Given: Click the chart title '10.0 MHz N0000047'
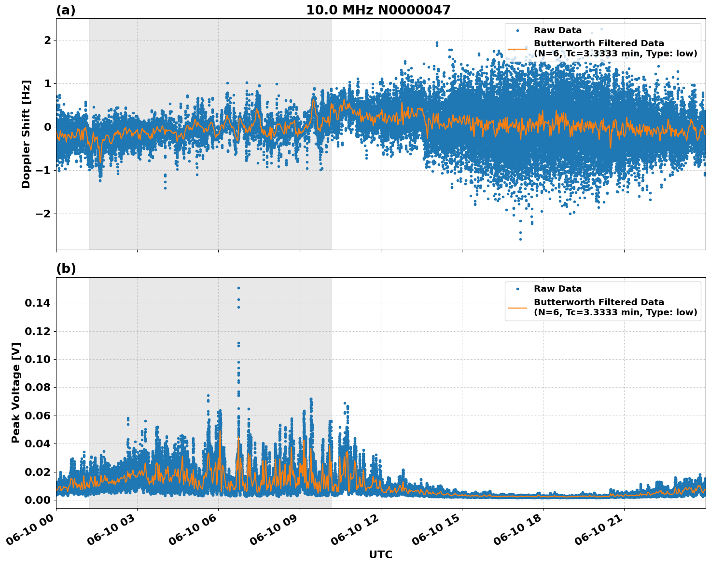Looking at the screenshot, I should coord(378,10).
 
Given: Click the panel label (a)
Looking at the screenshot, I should coord(66,10).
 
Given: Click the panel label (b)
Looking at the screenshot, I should coord(66,269).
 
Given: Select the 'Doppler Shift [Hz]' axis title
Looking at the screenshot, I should coord(26,134).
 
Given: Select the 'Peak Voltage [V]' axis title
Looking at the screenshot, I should coord(16,392).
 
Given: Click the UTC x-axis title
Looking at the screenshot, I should coord(380,555).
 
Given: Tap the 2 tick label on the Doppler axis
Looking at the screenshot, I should coord(47,40).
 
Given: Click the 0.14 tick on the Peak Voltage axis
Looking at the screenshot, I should coord(38,303).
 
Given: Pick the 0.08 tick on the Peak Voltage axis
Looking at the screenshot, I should coord(38,387).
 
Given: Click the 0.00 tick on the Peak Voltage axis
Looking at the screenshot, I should coord(38,500).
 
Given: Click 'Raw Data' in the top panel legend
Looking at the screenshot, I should coord(557,31).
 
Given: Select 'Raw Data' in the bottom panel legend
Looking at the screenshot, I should coord(557,289).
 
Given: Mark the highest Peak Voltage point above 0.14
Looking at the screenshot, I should coord(238,288).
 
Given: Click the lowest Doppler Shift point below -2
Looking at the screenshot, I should coord(520,239).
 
